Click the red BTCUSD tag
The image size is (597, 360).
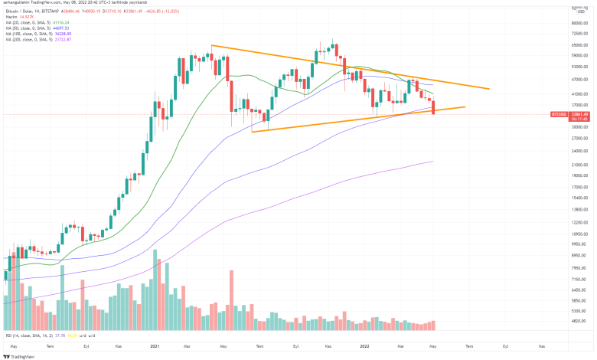coord(559,113)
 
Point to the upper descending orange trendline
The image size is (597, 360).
coord(344,67)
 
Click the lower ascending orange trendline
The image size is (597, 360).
coord(344,122)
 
